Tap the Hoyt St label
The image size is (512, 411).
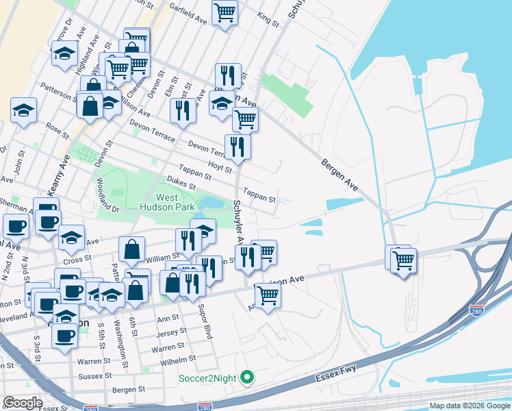219,164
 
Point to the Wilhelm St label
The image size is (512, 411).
179,358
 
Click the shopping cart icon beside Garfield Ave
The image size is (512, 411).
225,12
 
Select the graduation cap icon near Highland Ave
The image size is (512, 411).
64,53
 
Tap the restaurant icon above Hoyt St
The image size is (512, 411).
238,146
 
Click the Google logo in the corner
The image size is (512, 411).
23,403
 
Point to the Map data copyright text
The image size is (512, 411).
470,406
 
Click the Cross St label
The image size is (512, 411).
77,260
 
